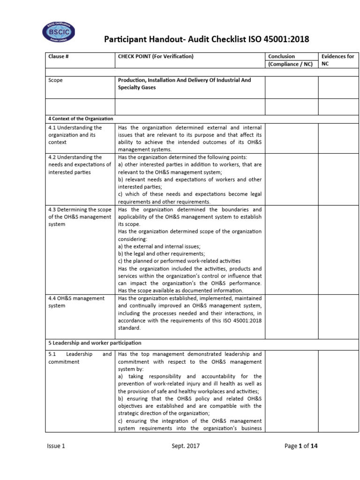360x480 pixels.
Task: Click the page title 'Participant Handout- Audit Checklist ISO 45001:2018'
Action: (206, 39)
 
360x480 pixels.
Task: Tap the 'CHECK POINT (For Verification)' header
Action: (156, 57)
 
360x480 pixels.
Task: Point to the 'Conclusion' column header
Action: (281, 57)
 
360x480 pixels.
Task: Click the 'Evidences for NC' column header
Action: (337, 60)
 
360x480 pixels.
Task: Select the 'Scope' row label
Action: (55, 80)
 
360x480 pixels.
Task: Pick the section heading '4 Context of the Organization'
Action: (80, 119)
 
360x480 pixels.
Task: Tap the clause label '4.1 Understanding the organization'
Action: (75, 135)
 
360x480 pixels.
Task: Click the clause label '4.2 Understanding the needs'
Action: (79, 165)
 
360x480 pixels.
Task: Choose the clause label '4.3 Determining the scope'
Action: (79, 216)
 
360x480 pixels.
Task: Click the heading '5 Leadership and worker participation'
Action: (94, 343)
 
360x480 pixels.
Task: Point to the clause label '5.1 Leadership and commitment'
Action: (79, 358)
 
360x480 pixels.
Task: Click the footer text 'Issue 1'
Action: (56, 446)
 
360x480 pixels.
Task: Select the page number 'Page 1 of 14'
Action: (301, 446)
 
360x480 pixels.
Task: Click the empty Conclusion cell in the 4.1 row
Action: (292, 138)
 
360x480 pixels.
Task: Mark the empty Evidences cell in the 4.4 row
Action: (339, 316)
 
